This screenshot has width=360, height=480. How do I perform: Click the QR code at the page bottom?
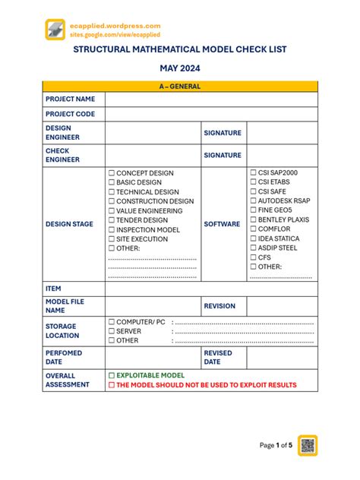pyautogui.click(x=308, y=445)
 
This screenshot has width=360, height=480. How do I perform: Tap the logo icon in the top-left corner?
pyautogui.click(x=56, y=30)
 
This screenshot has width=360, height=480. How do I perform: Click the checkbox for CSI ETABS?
pyautogui.click(x=254, y=182)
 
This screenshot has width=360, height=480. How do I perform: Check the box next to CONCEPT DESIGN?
pyautogui.click(x=112, y=173)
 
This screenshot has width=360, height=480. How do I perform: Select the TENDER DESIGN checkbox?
pyautogui.click(x=112, y=220)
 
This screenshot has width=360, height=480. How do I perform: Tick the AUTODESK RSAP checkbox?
pyautogui.click(x=254, y=201)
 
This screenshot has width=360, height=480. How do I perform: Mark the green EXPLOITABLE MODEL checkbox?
pyautogui.click(x=112, y=376)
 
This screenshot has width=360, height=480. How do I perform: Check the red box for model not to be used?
pyautogui.click(x=112, y=386)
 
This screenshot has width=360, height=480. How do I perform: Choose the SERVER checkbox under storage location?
pyautogui.click(x=112, y=331)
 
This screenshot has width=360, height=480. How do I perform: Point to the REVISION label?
pyautogui.click(x=219, y=306)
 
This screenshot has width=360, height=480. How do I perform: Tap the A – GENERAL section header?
pyautogui.click(x=180, y=87)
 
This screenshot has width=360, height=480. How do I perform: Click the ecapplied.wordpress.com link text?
pyautogui.click(x=115, y=26)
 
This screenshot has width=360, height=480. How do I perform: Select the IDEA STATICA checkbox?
pyautogui.click(x=254, y=239)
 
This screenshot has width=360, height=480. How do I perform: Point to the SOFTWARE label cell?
pyautogui.click(x=222, y=225)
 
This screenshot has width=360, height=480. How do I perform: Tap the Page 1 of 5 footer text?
pyautogui.click(x=276, y=445)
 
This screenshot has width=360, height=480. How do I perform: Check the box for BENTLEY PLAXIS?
pyautogui.click(x=254, y=220)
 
